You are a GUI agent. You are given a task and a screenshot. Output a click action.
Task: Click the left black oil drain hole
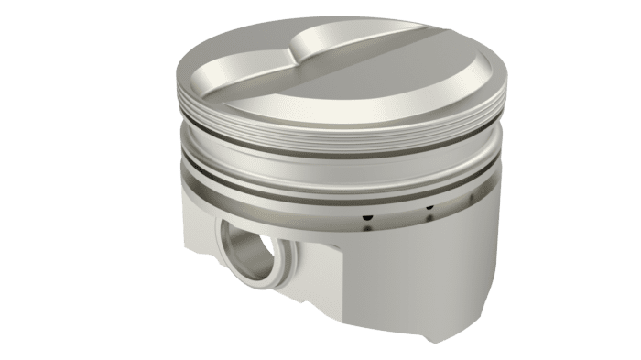tap(366, 218)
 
